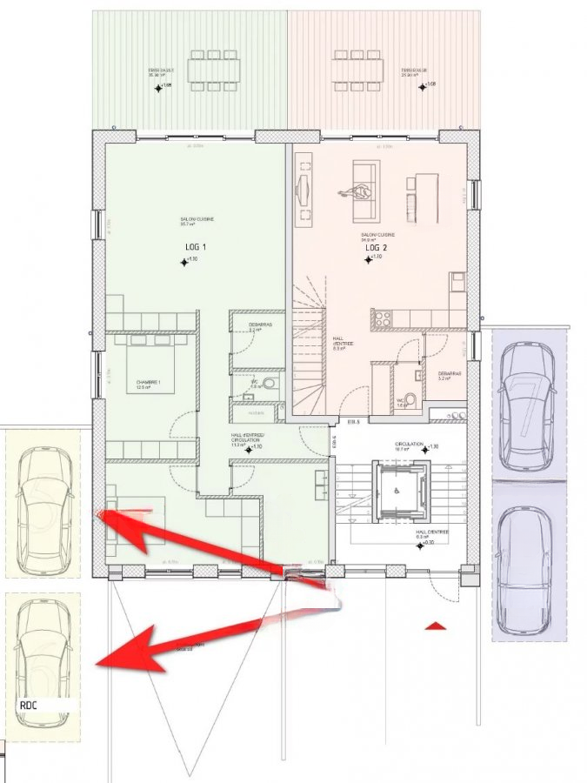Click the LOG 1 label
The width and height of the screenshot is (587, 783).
tap(196, 247)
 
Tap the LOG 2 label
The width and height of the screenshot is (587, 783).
tap(376, 248)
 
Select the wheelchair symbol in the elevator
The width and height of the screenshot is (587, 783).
tap(397, 491)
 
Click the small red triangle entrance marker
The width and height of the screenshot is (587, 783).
tap(435, 625)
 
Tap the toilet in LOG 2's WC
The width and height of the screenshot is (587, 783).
tap(410, 399)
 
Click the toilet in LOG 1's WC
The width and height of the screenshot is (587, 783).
tap(269, 384)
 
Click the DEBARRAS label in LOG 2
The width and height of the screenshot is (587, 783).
tap(449, 373)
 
